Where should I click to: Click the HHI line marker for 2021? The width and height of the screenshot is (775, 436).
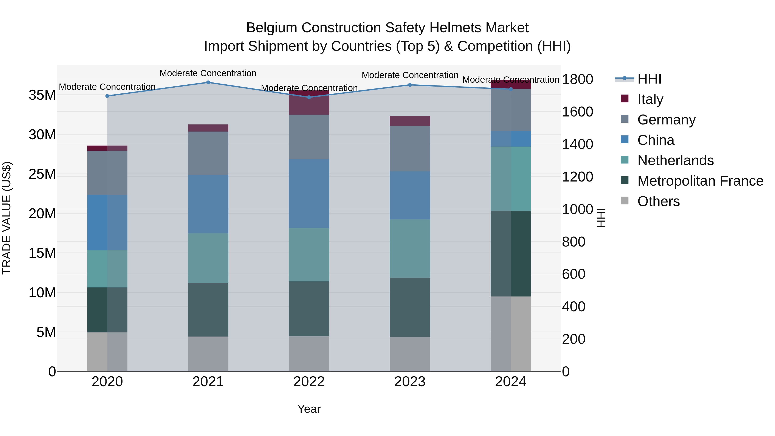click(208, 82)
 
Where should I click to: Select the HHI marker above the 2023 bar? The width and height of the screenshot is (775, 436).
click(410, 85)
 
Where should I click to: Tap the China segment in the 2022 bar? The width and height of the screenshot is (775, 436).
click(309, 194)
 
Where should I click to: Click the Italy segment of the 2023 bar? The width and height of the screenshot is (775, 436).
click(410, 121)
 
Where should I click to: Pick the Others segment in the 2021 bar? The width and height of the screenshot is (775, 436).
click(208, 354)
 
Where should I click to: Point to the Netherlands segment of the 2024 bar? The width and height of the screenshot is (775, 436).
click(511, 179)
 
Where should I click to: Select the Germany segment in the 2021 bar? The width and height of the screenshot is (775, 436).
click(208, 154)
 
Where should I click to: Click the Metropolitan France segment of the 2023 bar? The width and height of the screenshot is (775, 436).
click(410, 307)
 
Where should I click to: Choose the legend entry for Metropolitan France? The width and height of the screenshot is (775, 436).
click(700, 181)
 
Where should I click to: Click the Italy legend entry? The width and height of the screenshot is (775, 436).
click(650, 99)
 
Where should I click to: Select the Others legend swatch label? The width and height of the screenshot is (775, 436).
click(658, 201)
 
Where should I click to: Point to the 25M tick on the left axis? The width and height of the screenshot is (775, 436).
click(42, 174)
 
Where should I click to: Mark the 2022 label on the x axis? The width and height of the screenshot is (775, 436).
click(309, 382)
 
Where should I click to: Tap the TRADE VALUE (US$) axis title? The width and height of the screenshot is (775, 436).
click(7, 218)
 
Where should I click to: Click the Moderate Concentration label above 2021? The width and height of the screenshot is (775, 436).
click(208, 73)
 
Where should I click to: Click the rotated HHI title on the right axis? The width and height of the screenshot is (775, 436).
click(601, 218)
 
